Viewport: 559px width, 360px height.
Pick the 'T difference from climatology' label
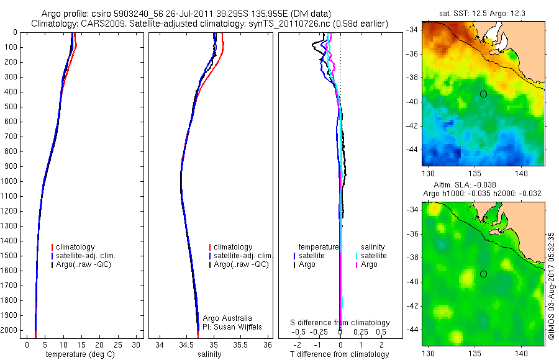[339, 354]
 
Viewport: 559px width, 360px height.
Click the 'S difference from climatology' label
[340, 323]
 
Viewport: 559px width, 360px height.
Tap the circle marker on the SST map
[483, 94]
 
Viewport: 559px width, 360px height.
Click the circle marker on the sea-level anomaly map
[483, 274]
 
